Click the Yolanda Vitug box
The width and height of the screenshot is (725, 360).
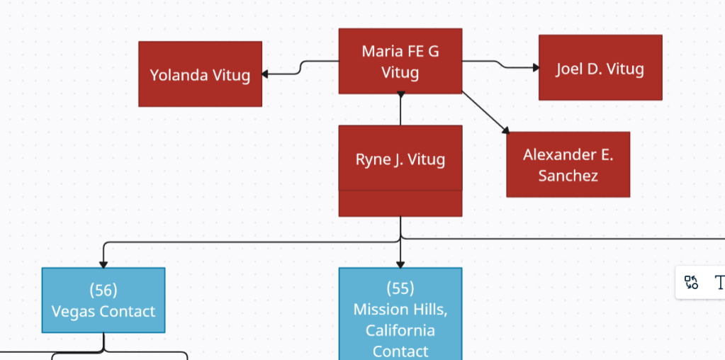200,74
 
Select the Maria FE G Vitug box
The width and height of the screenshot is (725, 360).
400,61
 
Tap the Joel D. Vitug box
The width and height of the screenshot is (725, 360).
600,67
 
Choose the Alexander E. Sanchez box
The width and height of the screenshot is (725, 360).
568,164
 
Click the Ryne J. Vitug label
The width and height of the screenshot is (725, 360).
400,159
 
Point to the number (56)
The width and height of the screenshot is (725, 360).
103,290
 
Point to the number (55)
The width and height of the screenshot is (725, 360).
400,288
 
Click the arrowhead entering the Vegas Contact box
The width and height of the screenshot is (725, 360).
103,264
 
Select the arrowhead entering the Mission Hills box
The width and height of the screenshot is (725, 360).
400,264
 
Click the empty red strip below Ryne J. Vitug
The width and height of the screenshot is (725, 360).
400,203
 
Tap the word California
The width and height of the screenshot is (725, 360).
400,330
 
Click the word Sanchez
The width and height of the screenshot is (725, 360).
568,176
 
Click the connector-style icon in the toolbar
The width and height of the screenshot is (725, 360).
691,283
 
